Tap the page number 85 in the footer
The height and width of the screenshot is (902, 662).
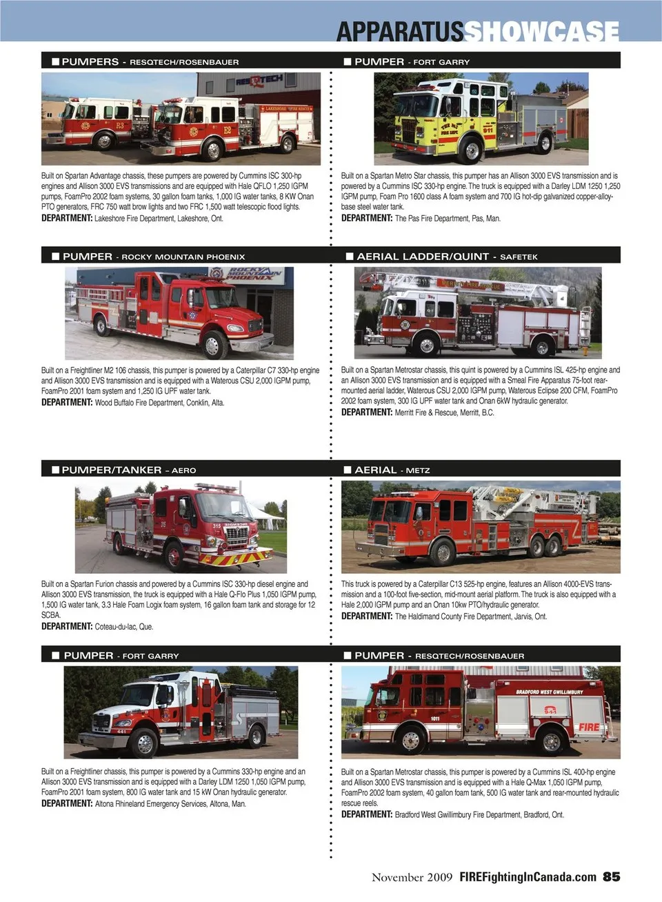tap(611, 876)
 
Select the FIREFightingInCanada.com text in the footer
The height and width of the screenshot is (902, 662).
tap(528, 877)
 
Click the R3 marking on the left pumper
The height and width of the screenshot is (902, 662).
tap(119, 126)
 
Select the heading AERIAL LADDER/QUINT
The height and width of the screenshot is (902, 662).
tap(423, 257)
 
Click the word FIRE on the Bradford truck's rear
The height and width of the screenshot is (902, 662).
tap(589, 727)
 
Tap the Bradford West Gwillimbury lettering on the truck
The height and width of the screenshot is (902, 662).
tap(549, 692)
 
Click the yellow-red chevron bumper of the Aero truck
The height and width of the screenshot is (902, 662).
tap(234, 557)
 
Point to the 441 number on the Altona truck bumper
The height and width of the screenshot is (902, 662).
tap(121, 731)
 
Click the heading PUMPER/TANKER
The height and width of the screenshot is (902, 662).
tap(112, 470)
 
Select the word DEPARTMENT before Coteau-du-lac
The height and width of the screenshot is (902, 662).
tap(67, 626)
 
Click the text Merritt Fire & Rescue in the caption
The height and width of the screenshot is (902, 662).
tap(428, 412)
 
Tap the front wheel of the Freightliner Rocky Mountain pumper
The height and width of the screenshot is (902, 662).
tap(212, 345)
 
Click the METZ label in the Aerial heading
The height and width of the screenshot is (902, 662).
tap(418, 470)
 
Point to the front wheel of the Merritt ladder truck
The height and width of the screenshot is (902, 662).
tap(426, 344)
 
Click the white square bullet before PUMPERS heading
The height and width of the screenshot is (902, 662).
tap(56, 61)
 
